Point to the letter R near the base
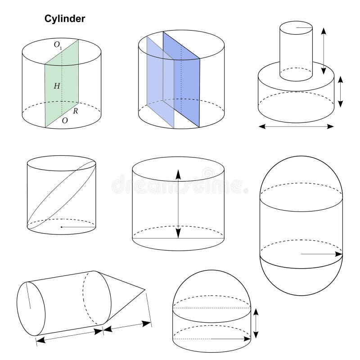(x=75, y=111)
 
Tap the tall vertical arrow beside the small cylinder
(x=323, y=49)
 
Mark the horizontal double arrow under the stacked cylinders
(x=297, y=127)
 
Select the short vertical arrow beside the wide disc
(x=341, y=91)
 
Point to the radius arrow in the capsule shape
(x=322, y=254)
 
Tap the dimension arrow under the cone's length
(x=128, y=326)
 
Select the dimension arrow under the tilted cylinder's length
(x=70, y=335)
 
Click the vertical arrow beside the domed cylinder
(x=256, y=323)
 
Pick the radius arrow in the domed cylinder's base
(x=229, y=338)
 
